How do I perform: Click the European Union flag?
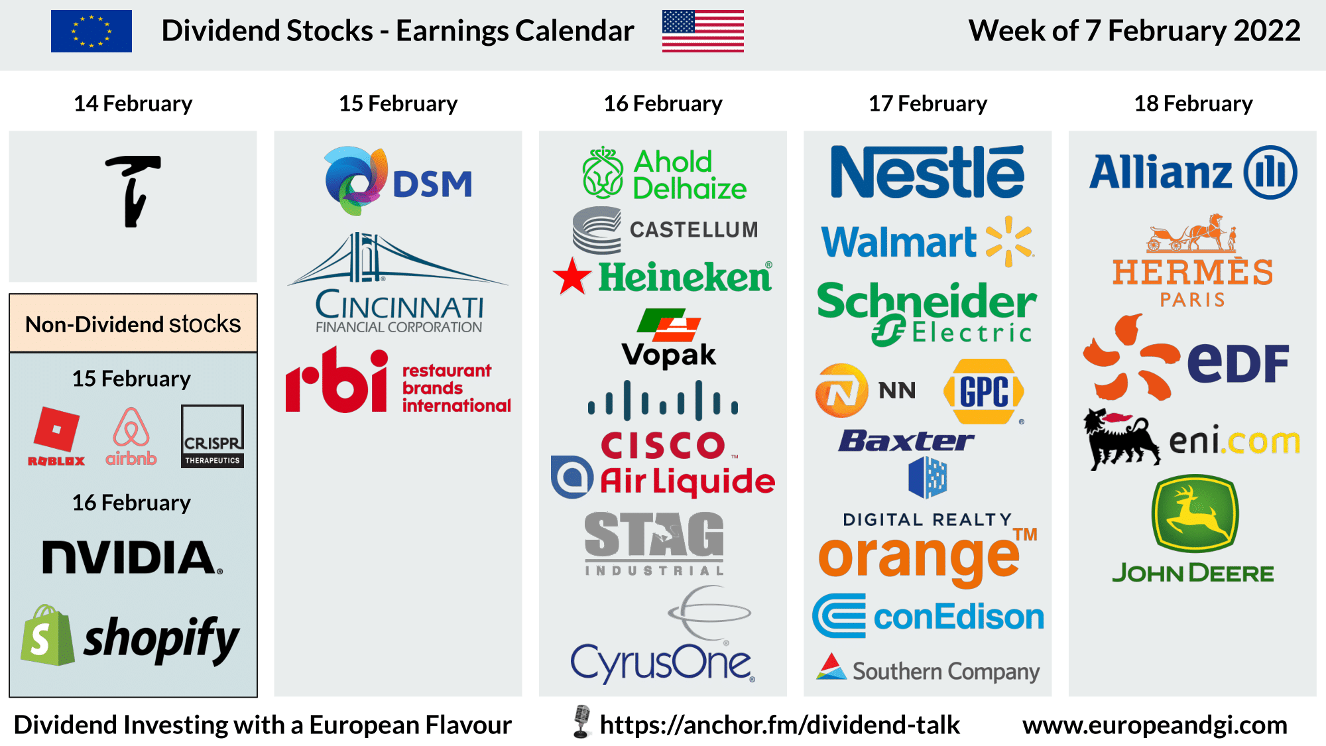click(x=91, y=31)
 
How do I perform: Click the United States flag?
click(x=703, y=31)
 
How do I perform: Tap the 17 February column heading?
click(x=928, y=103)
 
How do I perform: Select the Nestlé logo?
click(x=928, y=172)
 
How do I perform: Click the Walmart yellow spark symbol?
click(x=1008, y=241)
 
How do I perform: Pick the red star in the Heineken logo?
click(x=572, y=277)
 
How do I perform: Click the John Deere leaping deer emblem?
click(x=1195, y=513)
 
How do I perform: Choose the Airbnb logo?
click(x=131, y=436)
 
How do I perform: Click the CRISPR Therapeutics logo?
click(x=212, y=436)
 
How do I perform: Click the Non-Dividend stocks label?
click(x=133, y=324)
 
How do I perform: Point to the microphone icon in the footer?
click(x=581, y=721)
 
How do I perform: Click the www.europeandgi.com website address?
click(x=1154, y=725)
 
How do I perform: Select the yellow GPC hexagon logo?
click(x=984, y=391)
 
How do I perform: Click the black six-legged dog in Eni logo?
click(x=1120, y=438)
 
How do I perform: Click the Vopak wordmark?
click(x=668, y=355)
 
